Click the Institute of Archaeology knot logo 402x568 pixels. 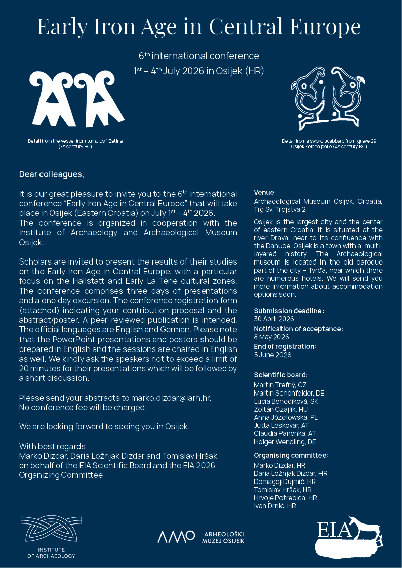click(51, 530)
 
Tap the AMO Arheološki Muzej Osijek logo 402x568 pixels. click(201, 537)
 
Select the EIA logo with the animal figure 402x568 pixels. click(350, 537)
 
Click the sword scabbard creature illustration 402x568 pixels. click(329, 98)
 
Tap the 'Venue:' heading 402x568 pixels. click(265, 192)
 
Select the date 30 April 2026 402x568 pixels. click(273, 319)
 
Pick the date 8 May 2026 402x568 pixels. click(271, 337)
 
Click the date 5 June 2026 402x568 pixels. click(272, 355)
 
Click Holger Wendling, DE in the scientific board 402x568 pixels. click(285, 442)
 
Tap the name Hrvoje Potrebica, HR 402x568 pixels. click(285, 498)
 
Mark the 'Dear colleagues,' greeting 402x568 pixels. click(51, 174)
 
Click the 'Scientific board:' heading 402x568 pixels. click(280, 375)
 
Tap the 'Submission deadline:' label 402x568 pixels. click(289, 311)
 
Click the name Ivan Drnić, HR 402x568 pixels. click(274, 506)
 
